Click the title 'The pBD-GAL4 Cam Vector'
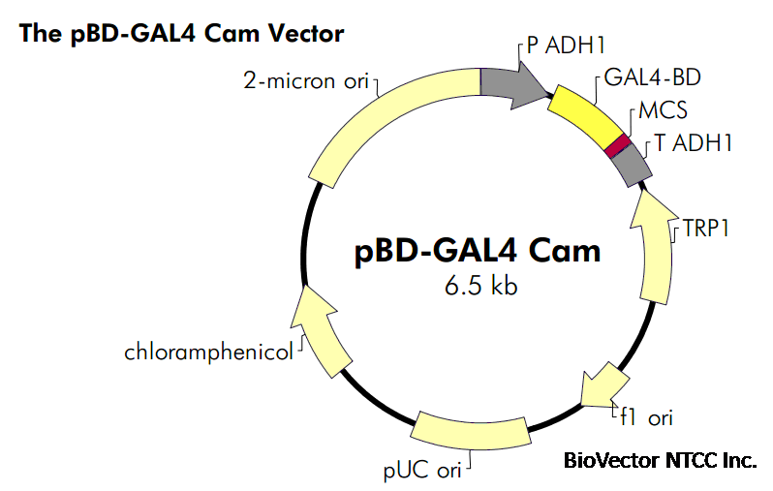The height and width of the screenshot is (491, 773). click(180, 34)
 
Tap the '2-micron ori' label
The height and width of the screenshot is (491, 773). click(305, 80)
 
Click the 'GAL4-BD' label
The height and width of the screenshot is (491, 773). click(652, 77)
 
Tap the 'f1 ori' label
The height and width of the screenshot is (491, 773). click(646, 417)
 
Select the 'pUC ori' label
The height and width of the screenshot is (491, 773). click(421, 471)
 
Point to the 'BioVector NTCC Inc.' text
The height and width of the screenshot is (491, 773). click(659, 460)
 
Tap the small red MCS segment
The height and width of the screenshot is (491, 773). click(617, 145)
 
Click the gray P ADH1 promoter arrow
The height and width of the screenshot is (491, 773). click(513, 86)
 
